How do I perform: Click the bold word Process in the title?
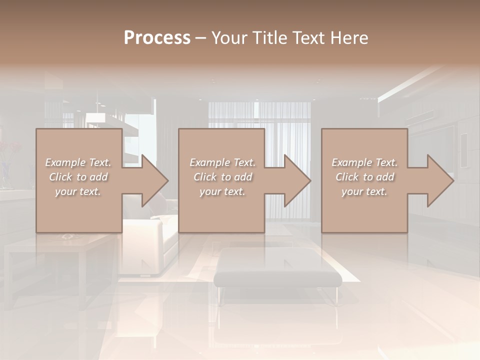click(x=157, y=37)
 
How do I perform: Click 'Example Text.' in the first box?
click(x=78, y=162)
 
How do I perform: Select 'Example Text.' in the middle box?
click(x=222, y=162)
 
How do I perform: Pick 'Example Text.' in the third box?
click(x=364, y=162)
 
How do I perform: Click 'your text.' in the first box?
click(x=78, y=191)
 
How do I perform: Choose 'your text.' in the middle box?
click(x=222, y=191)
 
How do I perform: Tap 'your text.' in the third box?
click(x=364, y=191)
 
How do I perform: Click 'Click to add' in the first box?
click(x=78, y=177)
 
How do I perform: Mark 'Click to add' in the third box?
click(x=364, y=177)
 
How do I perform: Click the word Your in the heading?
click(x=229, y=37)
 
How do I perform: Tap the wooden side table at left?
click(x=65, y=250)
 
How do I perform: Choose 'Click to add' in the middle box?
click(x=222, y=177)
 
